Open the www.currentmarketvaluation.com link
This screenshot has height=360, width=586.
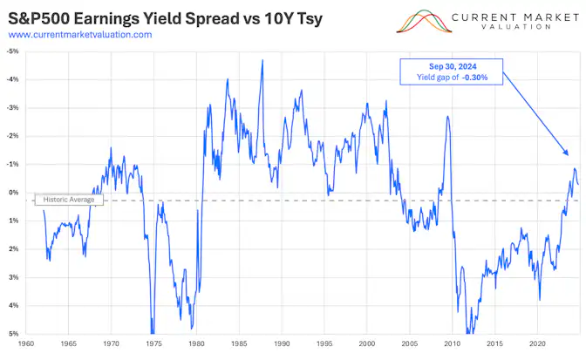click(79, 34)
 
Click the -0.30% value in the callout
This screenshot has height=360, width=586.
click(469, 78)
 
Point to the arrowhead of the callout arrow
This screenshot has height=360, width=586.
click(568, 156)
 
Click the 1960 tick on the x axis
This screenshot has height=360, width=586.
click(26, 343)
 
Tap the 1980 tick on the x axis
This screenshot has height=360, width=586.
click(197, 343)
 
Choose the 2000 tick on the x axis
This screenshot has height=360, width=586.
click(368, 343)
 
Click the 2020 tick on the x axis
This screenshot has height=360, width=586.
click(538, 343)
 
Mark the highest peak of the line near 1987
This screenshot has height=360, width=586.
click(262, 60)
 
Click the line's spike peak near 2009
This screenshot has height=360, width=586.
click(447, 116)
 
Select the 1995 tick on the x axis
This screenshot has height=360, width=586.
click(325, 343)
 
